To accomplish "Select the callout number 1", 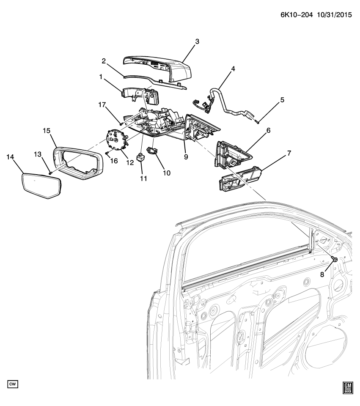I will click(101, 77).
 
